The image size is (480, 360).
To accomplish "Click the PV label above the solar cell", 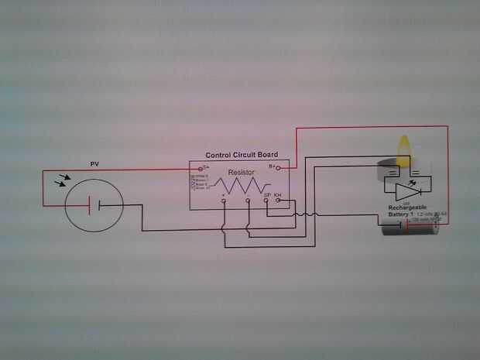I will click(x=95, y=164).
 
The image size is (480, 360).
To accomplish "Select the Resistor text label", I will click(x=241, y=171).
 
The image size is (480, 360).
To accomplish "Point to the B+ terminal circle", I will click(x=279, y=166).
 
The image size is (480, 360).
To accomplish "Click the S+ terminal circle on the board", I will click(x=201, y=168).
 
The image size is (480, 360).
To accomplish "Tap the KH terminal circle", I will click(x=278, y=200).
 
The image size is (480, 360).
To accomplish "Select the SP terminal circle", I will click(x=266, y=200).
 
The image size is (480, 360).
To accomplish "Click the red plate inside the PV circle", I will click(x=91, y=205).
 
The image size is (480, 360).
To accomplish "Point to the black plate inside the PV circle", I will click(x=101, y=205).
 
